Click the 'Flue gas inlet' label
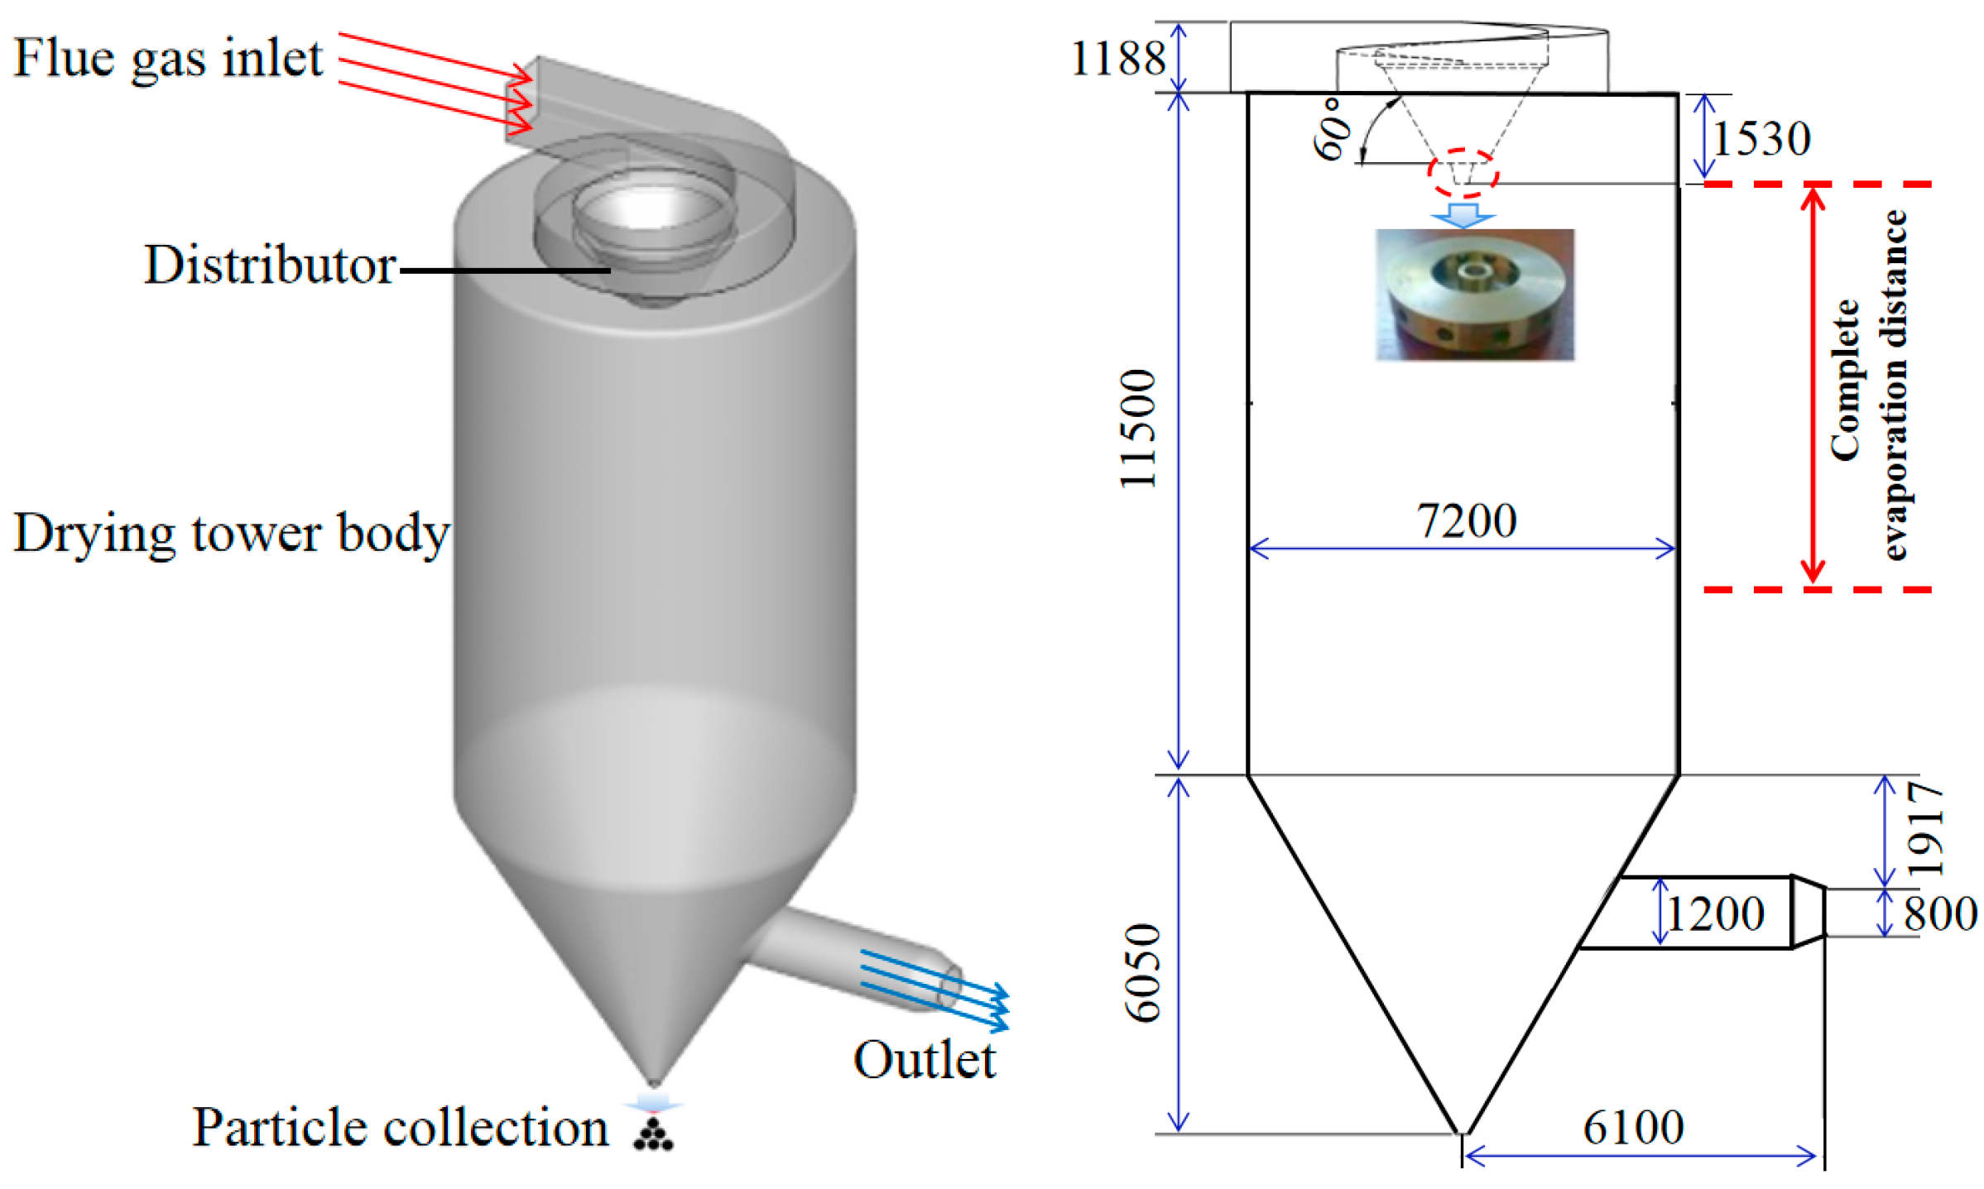tap(167, 60)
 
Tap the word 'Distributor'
tap(269, 266)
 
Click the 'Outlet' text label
tap(924, 1060)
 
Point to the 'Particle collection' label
tap(400, 1128)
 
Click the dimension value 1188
tap(1117, 59)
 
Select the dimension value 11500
tap(1138, 429)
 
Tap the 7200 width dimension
tap(1466, 521)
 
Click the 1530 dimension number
tap(1761, 138)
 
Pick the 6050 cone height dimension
tap(1143, 972)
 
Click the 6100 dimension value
tap(1632, 1127)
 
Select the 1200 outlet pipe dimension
tap(1715, 914)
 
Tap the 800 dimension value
tap(1939, 914)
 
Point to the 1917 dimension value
tap(1925, 829)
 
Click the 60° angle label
tap(1333, 128)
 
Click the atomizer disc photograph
tap(1474, 295)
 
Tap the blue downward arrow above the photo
tap(1463, 214)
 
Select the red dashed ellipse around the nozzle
tap(1463, 172)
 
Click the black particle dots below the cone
tap(653, 1135)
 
